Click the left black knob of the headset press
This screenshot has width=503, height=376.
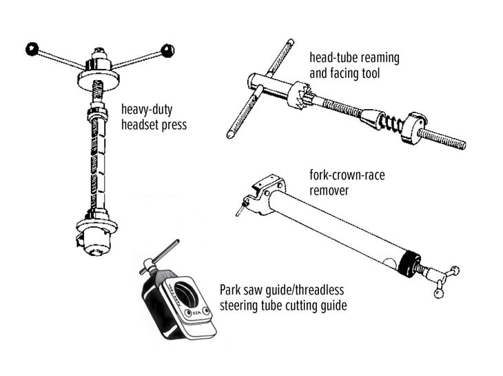[32, 48]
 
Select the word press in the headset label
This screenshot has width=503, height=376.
[172, 125]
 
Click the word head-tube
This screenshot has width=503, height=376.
[331, 57]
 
